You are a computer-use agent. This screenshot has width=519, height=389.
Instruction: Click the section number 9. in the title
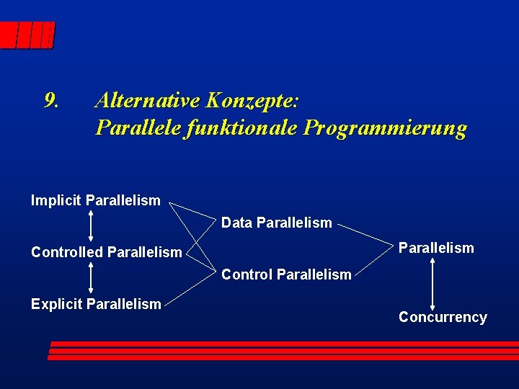pos(51,99)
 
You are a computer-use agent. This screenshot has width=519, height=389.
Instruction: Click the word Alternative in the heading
pos(148,99)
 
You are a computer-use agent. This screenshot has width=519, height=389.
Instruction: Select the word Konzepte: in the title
pos(253,100)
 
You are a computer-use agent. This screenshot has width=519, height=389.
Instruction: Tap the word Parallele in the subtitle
pos(137,128)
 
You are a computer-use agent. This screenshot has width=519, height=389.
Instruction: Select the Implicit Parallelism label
pos(96,200)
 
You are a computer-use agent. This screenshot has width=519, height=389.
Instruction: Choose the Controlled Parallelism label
pos(106,252)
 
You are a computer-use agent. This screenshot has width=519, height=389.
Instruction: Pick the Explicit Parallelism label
pos(96,304)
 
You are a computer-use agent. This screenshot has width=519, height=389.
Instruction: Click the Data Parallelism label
pos(276,223)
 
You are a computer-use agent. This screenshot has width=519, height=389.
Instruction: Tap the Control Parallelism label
pos(286,274)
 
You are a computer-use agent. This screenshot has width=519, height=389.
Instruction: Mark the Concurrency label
pos(443,317)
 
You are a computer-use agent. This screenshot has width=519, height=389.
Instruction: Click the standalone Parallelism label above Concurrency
pos(436,248)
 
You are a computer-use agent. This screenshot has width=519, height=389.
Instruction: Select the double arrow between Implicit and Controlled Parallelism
pos(90,226)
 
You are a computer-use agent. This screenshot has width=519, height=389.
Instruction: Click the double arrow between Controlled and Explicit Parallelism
pos(90,278)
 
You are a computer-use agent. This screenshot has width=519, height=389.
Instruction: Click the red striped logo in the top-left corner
pos(27,35)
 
